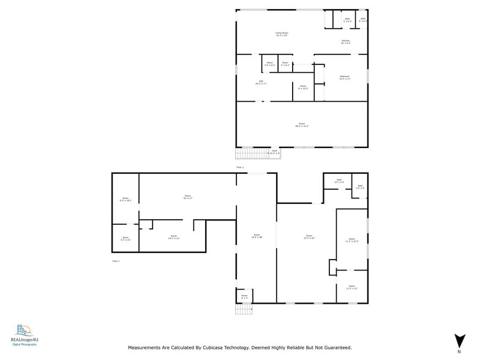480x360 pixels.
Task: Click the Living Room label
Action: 282,34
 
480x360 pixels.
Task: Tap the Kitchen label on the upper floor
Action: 346,42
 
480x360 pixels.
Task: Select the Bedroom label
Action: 345,78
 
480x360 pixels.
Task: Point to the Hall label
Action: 261,82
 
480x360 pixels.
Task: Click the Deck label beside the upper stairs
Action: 274,152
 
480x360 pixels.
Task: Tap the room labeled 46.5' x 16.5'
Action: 302,125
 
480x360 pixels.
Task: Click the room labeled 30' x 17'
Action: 187,197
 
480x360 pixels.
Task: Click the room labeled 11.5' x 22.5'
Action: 351,240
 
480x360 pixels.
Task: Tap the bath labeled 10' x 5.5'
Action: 339,182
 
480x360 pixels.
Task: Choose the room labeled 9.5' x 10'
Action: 125,238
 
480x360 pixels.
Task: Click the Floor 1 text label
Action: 116,261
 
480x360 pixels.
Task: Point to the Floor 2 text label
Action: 240,167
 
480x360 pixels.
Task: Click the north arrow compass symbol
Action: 459,341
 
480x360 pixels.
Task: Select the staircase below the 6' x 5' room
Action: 243,309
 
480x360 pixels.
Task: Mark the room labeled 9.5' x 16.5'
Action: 125,199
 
